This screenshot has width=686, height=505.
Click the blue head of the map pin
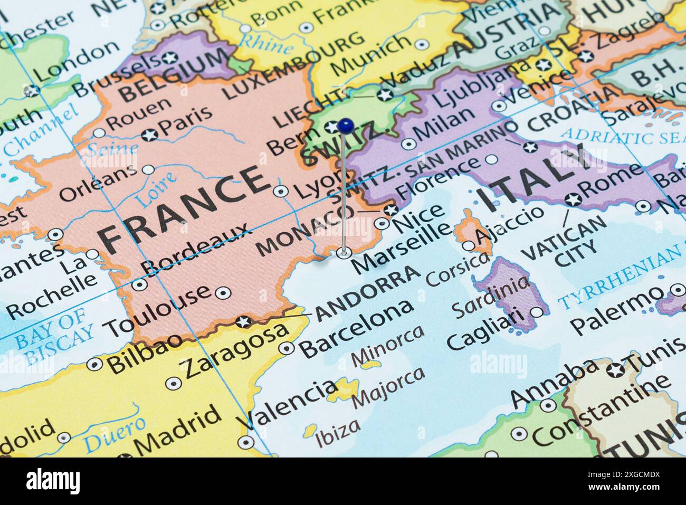pos(346,126)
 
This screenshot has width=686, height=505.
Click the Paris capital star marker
pos(150,135)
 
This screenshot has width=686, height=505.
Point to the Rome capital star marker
pos(573,199)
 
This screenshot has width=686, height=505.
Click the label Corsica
pos(457,270)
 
